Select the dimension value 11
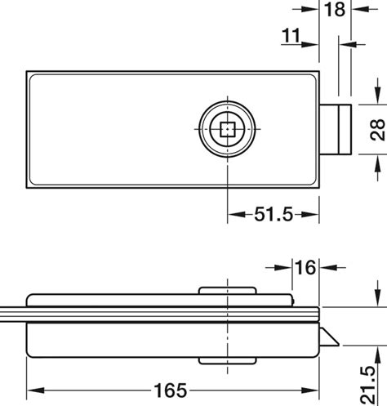(x=291, y=35)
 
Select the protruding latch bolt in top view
(x=339, y=130)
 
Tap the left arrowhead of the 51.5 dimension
(x=233, y=215)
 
